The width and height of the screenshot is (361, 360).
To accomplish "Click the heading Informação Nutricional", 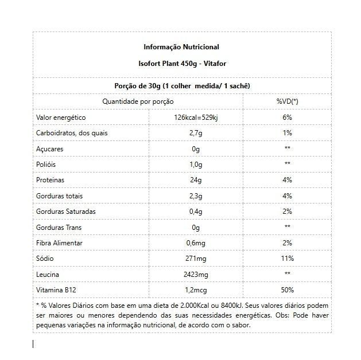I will (181, 47).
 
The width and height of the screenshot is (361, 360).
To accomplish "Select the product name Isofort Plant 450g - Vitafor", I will (181, 65).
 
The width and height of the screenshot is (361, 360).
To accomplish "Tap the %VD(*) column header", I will (287, 101).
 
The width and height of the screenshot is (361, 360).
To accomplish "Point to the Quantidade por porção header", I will (138, 101).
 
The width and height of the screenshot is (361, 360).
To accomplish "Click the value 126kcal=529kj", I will (196, 117).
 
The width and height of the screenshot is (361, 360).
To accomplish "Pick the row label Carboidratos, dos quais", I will (72, 133).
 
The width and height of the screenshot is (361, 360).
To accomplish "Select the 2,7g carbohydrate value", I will (196, 133).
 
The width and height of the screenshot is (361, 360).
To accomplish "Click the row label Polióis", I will (47, 164).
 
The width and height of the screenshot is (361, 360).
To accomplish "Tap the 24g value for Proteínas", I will (196, 180).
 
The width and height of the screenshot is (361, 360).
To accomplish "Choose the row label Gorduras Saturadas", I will (65, 212).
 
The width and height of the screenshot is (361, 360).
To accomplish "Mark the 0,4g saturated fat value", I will (196, 212).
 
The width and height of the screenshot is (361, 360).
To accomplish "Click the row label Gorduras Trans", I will (59, 227).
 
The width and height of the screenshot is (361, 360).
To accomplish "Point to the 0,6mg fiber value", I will (196, 243).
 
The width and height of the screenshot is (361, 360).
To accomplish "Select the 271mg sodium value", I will (196, 259).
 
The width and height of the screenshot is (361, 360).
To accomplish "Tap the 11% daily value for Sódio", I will (287, 259).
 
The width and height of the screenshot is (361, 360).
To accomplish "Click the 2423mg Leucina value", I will (196, 275).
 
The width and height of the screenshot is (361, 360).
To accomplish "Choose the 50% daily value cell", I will (287, 290).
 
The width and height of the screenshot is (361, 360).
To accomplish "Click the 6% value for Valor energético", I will (287, 117).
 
